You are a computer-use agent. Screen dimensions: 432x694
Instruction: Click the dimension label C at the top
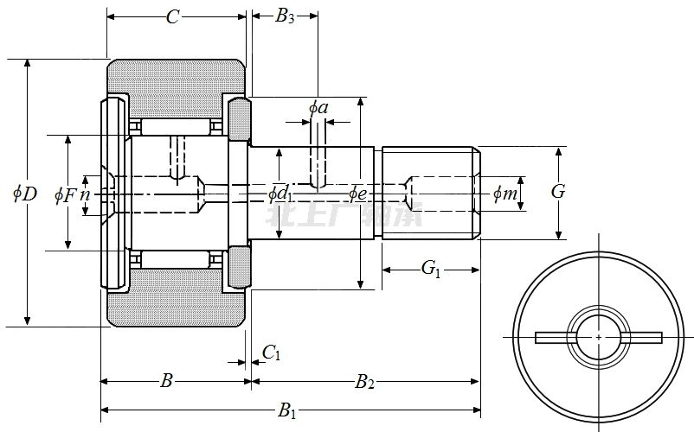tap(172, 16)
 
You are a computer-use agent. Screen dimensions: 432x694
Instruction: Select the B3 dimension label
tap(285, 16)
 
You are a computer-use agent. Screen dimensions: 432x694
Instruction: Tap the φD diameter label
tap(24, 194)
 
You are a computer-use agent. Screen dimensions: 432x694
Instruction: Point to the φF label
tap(65, 194)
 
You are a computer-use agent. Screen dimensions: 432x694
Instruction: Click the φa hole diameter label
tap(318, 107)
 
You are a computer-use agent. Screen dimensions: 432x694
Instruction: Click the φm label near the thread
tap(504, 194)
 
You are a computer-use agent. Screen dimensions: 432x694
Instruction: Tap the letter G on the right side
tap(558, 192)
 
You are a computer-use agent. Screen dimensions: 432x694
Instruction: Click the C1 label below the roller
tap(272, 352)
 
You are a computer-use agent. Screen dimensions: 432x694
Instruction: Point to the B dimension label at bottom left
tap(167, 381)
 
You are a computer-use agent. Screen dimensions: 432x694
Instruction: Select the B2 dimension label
tap(364, 381)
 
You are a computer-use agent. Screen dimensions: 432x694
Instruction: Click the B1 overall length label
tap(286, 411)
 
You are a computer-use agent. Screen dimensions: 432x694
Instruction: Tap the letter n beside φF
tap(85, 194)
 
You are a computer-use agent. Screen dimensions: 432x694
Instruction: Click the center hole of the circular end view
tap(599, 336)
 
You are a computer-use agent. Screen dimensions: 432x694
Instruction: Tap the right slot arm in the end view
tap(641, 337)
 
